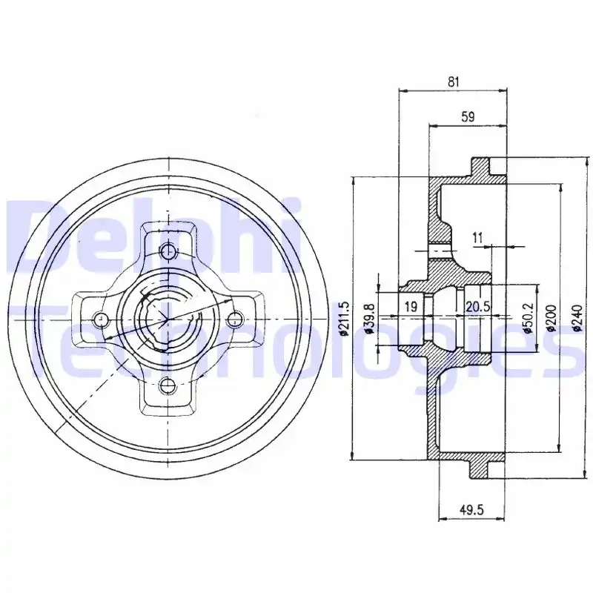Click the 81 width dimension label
pyautogui.click(x=453, y=82)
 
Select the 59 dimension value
pyautogui.click(x=468, y=117)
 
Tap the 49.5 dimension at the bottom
pyautogui.click(x=471, y=510)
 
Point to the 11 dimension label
pyautogui.click(x=477, y=238)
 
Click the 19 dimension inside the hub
pyautogui.click(x=411, y=306)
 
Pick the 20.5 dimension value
pyautogui.click(x=478, y=306)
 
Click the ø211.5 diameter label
pyautogui.click(x=344, y=319)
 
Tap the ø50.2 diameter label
pyautogui.click(x=528, y=318)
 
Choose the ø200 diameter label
pyautogui.click(x=551, y=318)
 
